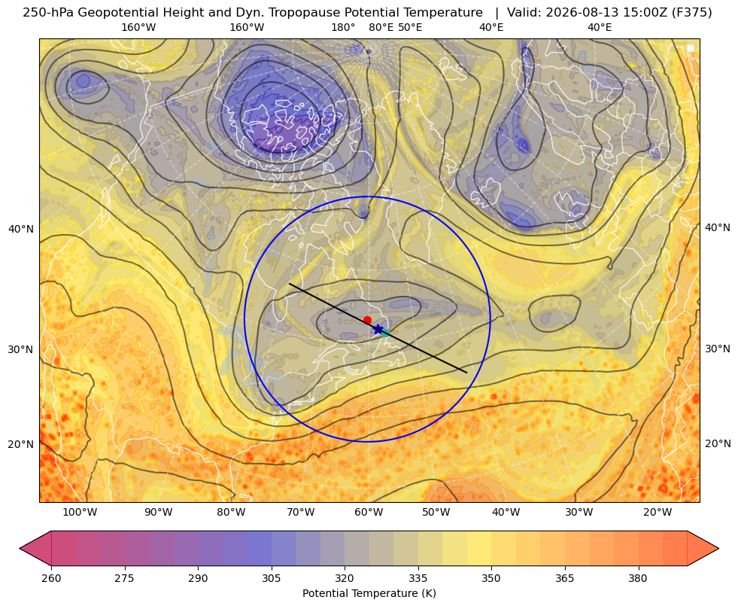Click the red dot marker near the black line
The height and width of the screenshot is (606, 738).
(367, 320)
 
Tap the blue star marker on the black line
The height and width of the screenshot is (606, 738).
(378, 329)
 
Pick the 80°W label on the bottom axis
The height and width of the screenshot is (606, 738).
(231, 512)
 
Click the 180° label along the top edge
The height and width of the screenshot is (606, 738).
(343, 27)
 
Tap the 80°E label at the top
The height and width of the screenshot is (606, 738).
(381, 27)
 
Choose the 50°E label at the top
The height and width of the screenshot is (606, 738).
(410, 27)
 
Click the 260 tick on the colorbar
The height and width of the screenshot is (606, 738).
(51, 578)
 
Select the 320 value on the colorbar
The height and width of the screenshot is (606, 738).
(345, 578)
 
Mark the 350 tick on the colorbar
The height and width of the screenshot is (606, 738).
(491, 578)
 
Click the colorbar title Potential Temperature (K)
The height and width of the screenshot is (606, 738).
(369, 593)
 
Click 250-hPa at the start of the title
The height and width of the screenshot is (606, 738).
(48, 13)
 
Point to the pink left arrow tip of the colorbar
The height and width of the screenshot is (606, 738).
(20, 548)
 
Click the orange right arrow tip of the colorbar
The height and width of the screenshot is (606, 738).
(718, 548)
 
